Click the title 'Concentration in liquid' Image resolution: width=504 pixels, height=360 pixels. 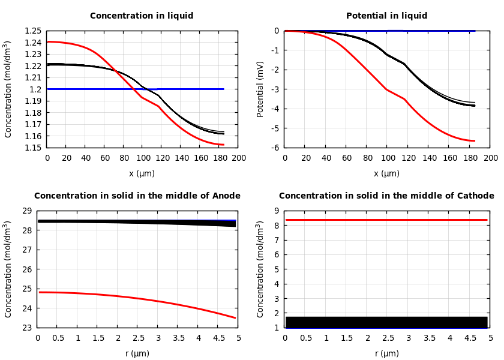click(142, 16)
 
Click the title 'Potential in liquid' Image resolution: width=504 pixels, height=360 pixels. click(386, 16)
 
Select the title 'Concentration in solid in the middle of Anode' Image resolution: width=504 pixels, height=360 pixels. click(137, 196)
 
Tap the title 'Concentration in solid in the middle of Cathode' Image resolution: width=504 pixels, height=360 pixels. click(386, 196)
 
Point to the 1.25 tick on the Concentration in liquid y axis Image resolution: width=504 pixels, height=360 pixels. click(33, 31)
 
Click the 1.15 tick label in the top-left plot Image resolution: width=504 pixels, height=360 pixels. click(33, 148)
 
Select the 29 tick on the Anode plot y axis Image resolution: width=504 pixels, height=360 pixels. click(26, 211)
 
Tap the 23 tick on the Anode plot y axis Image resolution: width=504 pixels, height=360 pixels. click(26, 328)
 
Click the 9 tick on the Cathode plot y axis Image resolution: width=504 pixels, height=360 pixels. click(277, 211)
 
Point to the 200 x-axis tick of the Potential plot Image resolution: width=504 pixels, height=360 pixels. click(490, 158)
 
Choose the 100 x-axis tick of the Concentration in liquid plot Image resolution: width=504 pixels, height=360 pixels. click(143, 158)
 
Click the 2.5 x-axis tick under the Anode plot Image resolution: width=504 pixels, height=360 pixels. click(138, 338)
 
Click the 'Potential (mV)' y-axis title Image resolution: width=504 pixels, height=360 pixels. click(260, 89)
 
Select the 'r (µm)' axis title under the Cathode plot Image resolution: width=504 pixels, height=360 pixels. click(386, 353)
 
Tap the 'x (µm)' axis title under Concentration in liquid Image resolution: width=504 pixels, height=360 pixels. click(142, 173)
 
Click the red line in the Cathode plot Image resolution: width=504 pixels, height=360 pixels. click(386, 220)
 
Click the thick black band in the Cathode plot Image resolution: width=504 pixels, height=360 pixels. click(386, 322)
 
